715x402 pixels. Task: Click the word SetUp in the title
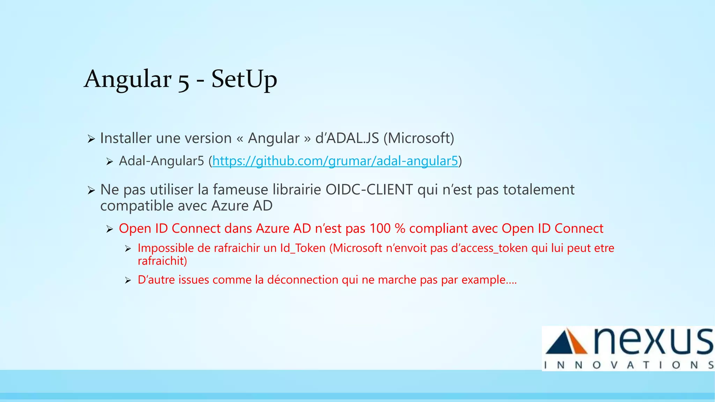click(244, 79)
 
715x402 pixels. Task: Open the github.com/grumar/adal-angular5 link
click(335, 161)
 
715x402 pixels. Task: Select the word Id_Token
click(303, 248)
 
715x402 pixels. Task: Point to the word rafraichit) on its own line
click(162, 261)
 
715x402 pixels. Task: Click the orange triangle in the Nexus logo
click(578, 342)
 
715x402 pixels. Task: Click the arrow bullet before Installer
click(91, 139)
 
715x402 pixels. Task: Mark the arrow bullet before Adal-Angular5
click(110, 162)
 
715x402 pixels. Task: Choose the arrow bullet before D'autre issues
click(128, 280)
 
